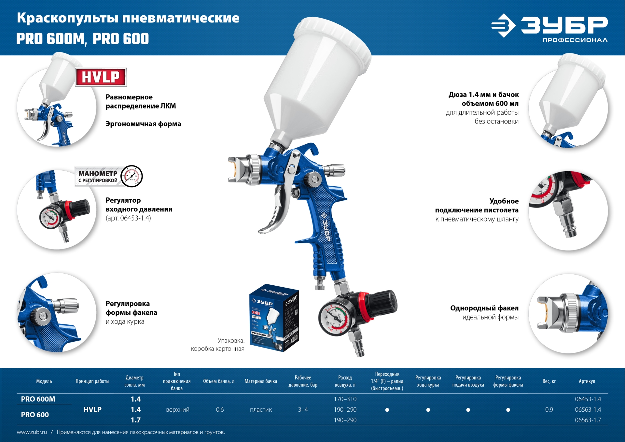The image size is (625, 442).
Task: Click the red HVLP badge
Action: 101,77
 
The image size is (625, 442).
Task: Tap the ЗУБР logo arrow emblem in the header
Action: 503,25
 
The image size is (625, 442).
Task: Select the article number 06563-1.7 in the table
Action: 588,420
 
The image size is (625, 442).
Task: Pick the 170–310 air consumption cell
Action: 345,399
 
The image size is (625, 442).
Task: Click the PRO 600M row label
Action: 38,399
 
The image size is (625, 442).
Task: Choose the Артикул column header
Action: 587,381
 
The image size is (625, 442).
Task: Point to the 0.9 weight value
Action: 549,409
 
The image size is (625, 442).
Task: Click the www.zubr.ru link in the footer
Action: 32,432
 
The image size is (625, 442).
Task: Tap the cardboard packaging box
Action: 274,318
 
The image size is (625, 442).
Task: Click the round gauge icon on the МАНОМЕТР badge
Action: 132,176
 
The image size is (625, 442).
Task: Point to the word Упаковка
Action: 231,341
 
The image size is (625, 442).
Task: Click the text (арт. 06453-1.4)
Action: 128,218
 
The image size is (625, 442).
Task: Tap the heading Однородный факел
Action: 484,308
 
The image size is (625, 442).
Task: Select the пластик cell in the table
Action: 261,409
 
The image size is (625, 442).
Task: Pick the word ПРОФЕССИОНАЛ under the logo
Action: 575,40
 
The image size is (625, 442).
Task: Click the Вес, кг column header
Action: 549,381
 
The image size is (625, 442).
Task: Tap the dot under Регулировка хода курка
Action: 428,410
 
